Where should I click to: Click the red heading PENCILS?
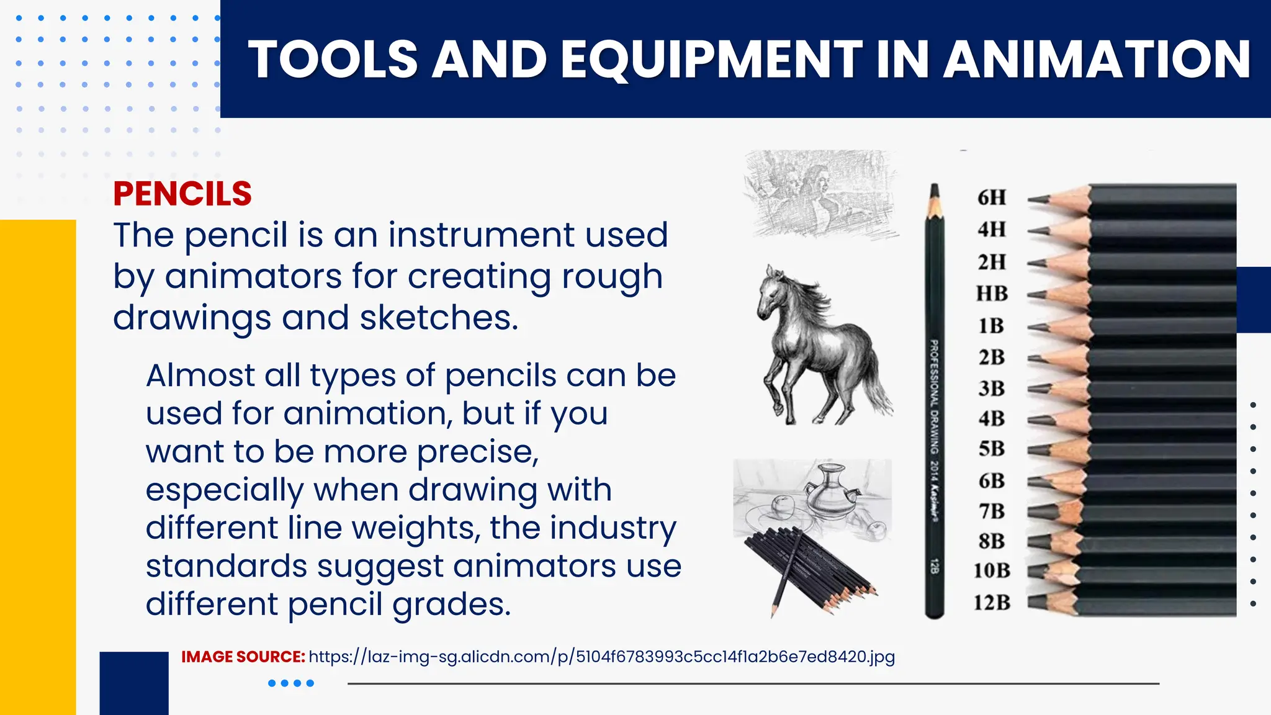pos(182,194)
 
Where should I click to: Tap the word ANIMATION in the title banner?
pos(1097,60)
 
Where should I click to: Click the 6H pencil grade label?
pos(991,197)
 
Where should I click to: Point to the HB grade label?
pos(992,293)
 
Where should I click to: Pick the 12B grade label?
pos(991,602)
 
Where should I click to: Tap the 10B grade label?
pos(991,570)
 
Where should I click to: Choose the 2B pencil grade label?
pos(991,357)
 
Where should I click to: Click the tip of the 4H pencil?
pos(1031,231)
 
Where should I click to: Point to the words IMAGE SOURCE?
pos(243,657)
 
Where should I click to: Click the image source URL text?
pos(601,657)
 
